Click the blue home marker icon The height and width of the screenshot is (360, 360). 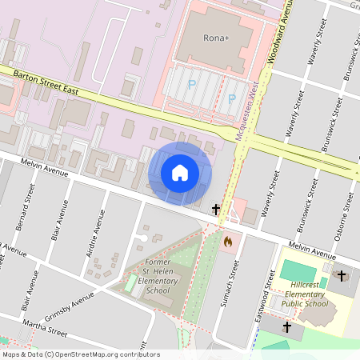click(180, 173)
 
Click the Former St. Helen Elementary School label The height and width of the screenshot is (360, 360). click(159, 275)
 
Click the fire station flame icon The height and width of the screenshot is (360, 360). click(228, 239)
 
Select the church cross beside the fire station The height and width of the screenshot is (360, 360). click(216, 210)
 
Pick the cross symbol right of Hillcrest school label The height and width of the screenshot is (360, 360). click(342, 276)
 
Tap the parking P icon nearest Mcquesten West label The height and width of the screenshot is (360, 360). click(232, 98)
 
